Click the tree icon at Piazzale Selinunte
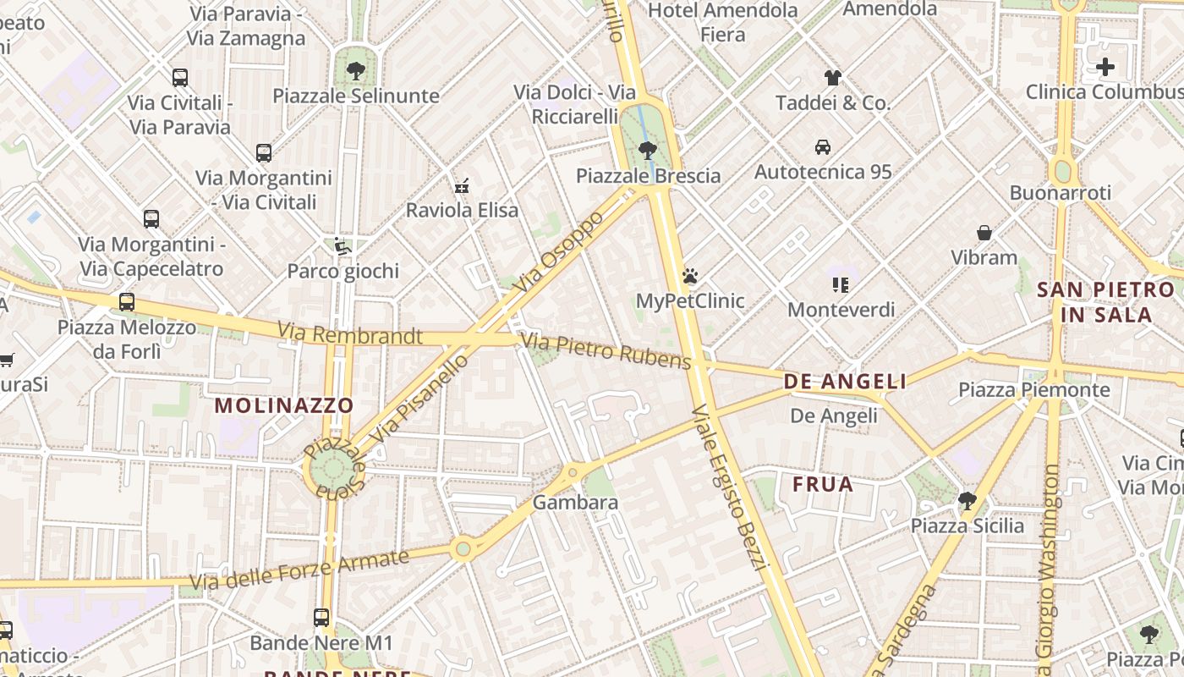point(356,70)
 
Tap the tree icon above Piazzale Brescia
point(648,151)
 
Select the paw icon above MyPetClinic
point(690,276)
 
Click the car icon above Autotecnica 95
point(823,146)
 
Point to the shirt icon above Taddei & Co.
point(833,78)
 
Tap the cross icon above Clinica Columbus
point(1105,67)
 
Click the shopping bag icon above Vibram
point(984,232)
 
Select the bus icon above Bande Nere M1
point(321,618)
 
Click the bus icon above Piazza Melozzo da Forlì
point(127,301)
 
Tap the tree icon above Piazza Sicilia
point(967,501)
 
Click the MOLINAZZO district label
point(284,405)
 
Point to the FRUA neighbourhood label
point(823,485)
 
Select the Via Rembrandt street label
point(350,334)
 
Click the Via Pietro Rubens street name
point(606,351)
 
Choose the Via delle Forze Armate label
point(299,570)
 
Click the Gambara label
point(575,503)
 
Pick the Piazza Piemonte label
point(1033,390)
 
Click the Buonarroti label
point(1061,193)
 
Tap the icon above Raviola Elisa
point(462,185)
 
